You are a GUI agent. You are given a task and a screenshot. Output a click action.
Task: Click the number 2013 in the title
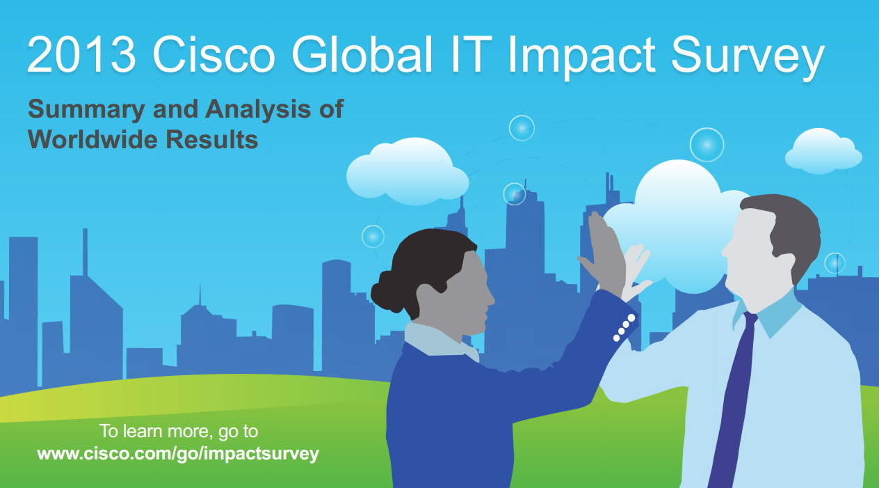point(81,54)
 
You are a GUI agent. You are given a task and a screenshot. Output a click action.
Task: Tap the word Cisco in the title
point(214,54)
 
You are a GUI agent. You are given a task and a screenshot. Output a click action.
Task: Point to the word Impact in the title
point(581,58)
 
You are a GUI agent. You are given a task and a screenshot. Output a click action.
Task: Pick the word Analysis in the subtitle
point(258,110)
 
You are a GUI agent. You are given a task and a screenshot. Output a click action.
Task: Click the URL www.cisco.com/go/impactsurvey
point(178,455)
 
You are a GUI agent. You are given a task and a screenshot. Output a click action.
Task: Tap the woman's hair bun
point(385,292)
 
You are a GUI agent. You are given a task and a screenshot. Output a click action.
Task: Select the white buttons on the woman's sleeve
point(624,327)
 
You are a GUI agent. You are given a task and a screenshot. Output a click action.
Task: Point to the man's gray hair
point(789,232)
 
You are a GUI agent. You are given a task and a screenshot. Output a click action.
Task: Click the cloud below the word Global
point(408,173)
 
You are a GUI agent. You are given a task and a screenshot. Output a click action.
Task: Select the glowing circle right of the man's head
point(834,263)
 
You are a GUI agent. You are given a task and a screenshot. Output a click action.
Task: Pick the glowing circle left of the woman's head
point(373,237)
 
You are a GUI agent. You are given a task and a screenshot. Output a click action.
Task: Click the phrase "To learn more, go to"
point(179,432)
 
